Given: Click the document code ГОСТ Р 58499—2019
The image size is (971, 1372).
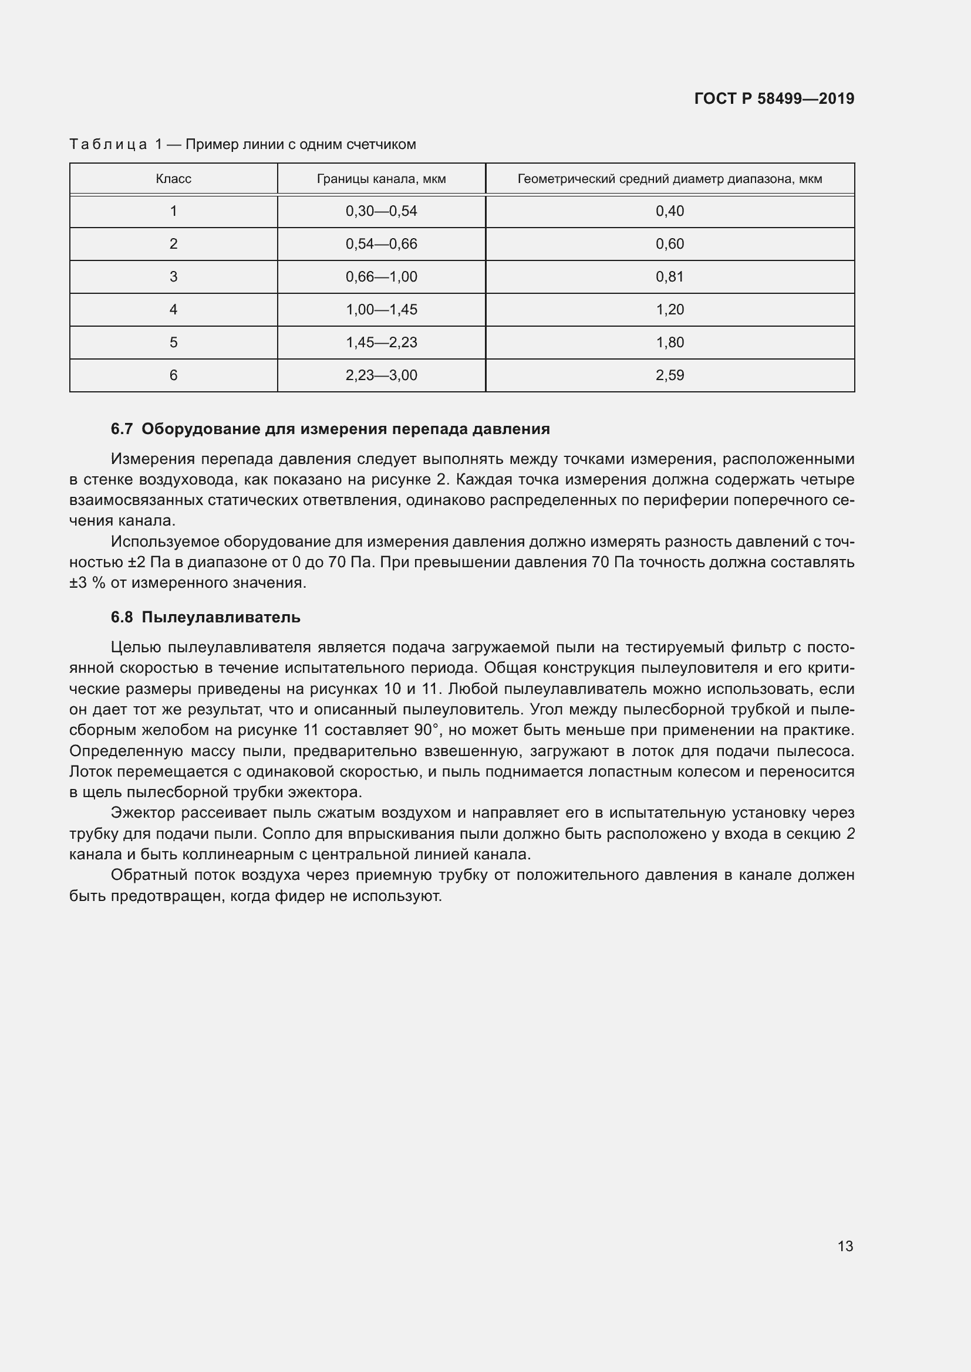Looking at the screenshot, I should [774, 99].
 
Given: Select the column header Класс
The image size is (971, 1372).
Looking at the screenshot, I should [173, 179].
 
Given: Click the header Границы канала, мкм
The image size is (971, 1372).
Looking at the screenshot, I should [382, 179].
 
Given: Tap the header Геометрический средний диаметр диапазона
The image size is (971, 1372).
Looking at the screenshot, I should [669, 179].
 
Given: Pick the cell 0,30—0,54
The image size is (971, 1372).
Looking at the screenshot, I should [382, 211].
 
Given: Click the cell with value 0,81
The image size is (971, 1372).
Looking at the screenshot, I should [670, 277].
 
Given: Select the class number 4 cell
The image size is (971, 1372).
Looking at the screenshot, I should [173, 310].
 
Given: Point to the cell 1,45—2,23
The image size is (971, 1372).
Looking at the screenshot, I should [382, 343].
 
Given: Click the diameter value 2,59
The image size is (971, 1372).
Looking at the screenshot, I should [670, 375].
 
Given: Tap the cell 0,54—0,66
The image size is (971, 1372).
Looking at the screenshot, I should [382, 244].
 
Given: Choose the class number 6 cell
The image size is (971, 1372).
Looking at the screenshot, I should [173, 375].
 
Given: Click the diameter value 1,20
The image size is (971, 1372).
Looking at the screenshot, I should [670, 310].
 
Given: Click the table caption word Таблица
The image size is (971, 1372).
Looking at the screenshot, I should [108, 145].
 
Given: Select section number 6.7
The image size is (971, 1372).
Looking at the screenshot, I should [122, 429].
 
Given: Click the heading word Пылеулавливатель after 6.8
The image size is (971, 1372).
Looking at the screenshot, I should [221, 617].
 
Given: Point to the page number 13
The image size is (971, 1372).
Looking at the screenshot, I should [845, 1246].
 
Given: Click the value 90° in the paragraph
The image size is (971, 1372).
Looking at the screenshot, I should [427, 730].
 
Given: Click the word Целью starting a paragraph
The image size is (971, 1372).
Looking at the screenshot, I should [135, 648].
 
